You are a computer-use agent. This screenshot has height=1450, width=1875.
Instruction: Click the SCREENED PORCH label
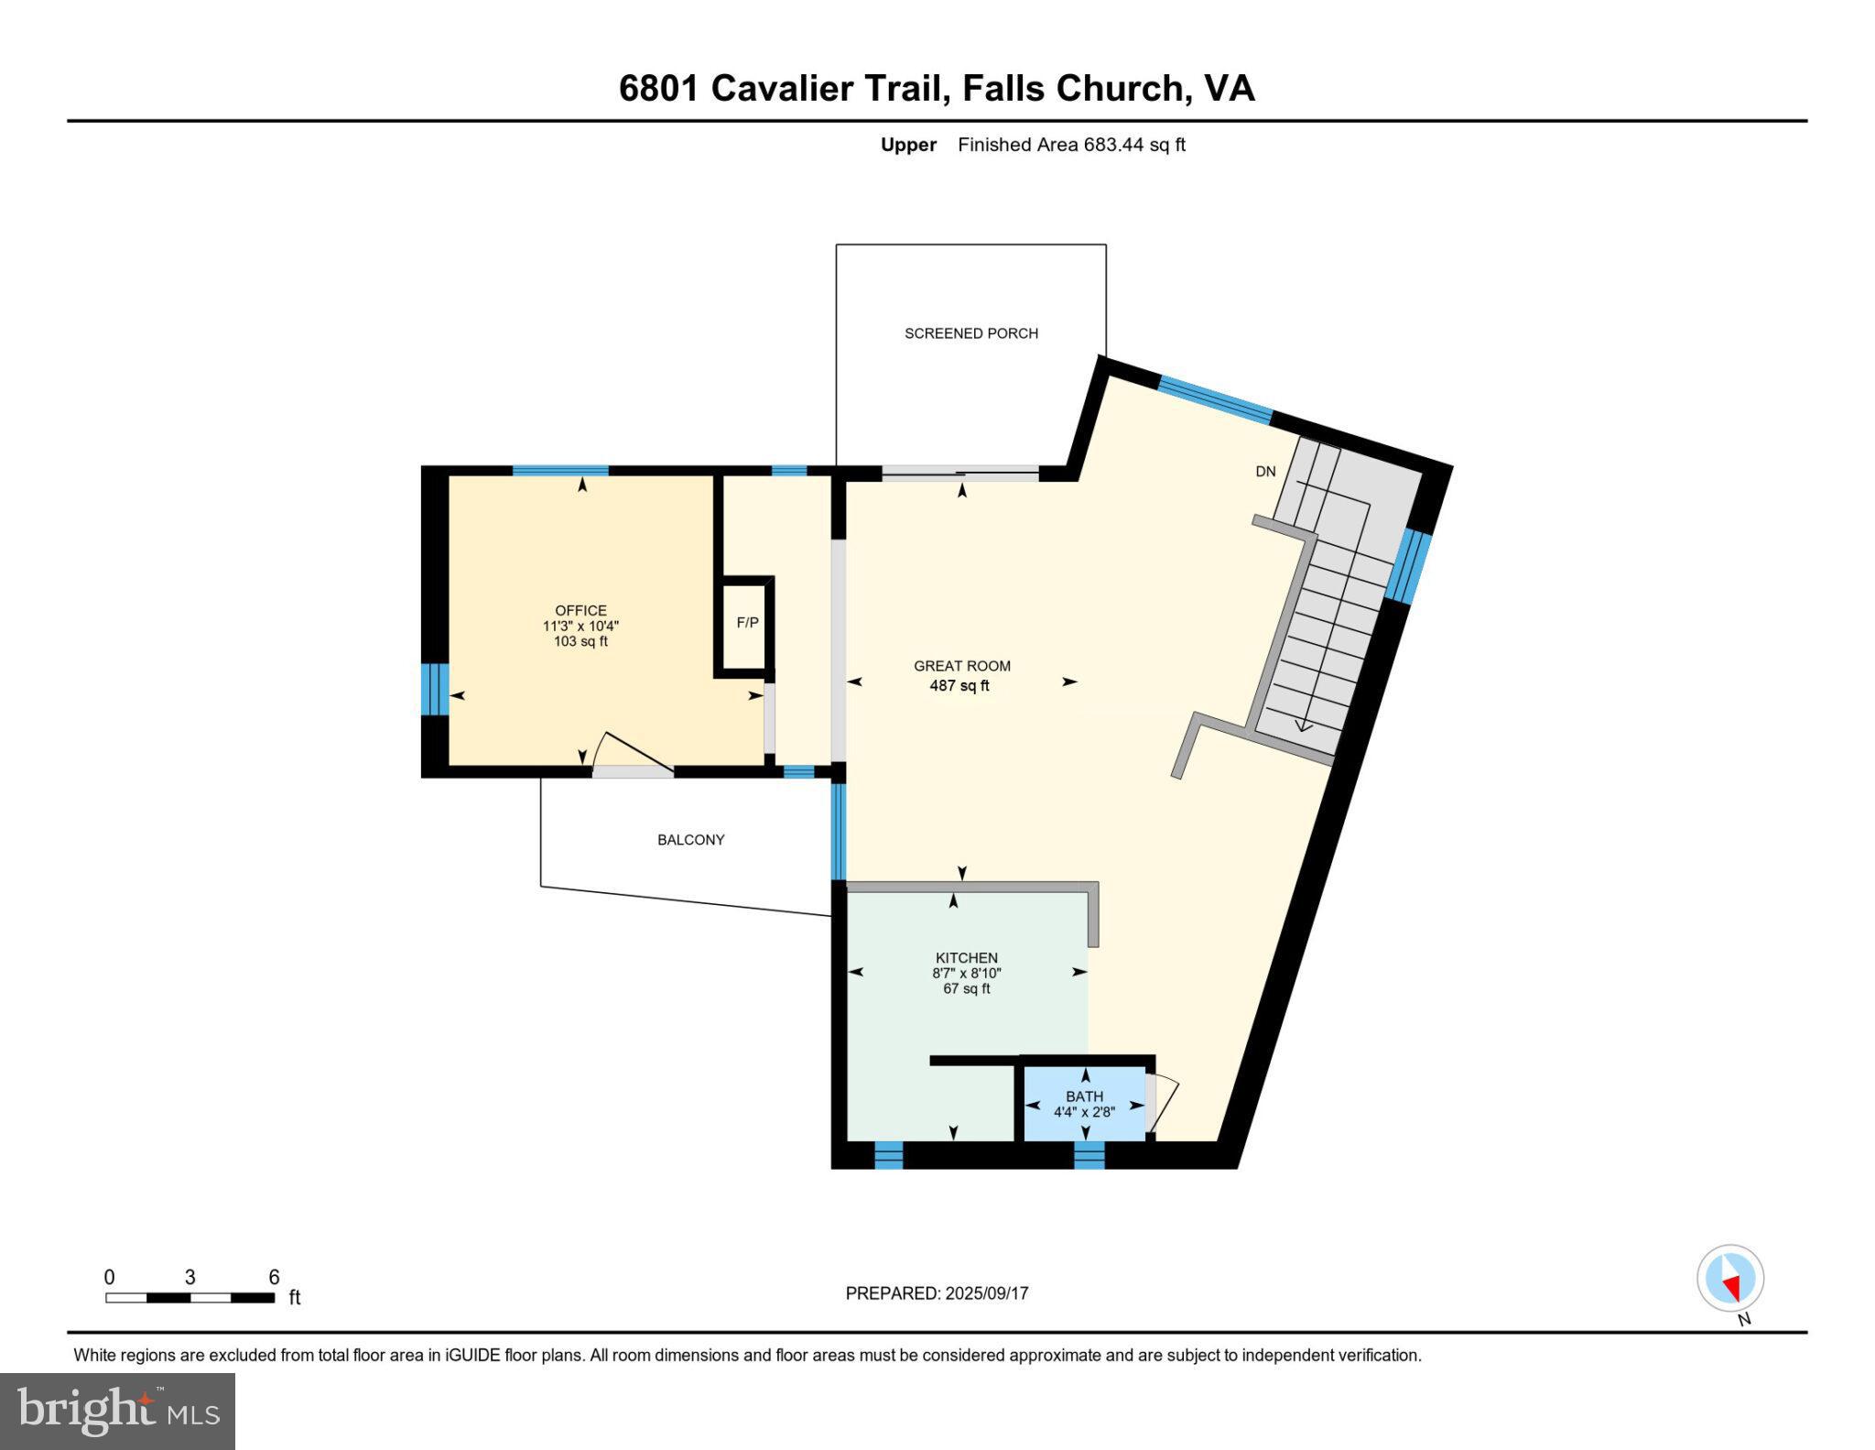click(x=970, y=333)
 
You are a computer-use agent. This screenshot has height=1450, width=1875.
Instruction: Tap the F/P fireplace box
click(x=746, y=624)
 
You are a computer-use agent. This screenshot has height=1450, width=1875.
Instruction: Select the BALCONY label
click(x=690, y=840)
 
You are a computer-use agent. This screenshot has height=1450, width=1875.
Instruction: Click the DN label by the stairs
click(x=1265, y=472)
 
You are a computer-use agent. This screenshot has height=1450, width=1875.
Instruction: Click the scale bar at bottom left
click(x=190, y=1297)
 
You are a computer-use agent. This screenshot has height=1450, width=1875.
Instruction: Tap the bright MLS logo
click(x=117, y=1411)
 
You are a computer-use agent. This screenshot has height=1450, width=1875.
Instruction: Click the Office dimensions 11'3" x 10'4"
click(x=580, y=627)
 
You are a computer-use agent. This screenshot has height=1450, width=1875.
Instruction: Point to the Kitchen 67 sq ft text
click(x=966, y=989)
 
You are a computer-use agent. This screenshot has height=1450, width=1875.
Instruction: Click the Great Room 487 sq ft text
click(x=959, y=686)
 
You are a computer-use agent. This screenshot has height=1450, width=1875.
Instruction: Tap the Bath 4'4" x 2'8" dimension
click(x=1084, y=1113)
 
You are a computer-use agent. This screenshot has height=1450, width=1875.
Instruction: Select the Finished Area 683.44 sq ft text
click(x=1071, y=145)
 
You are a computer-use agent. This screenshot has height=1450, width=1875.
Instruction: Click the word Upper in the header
click(x=908, y=145)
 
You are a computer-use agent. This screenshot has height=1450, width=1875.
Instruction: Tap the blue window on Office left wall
click(x=434, y=689)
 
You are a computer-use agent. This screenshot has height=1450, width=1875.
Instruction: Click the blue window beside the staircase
click(x=1408, y=566)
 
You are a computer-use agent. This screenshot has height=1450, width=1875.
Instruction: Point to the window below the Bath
click(x=1089, y=1155)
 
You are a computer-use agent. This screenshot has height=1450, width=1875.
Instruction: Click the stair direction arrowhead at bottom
click(x=1304, y=727)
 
